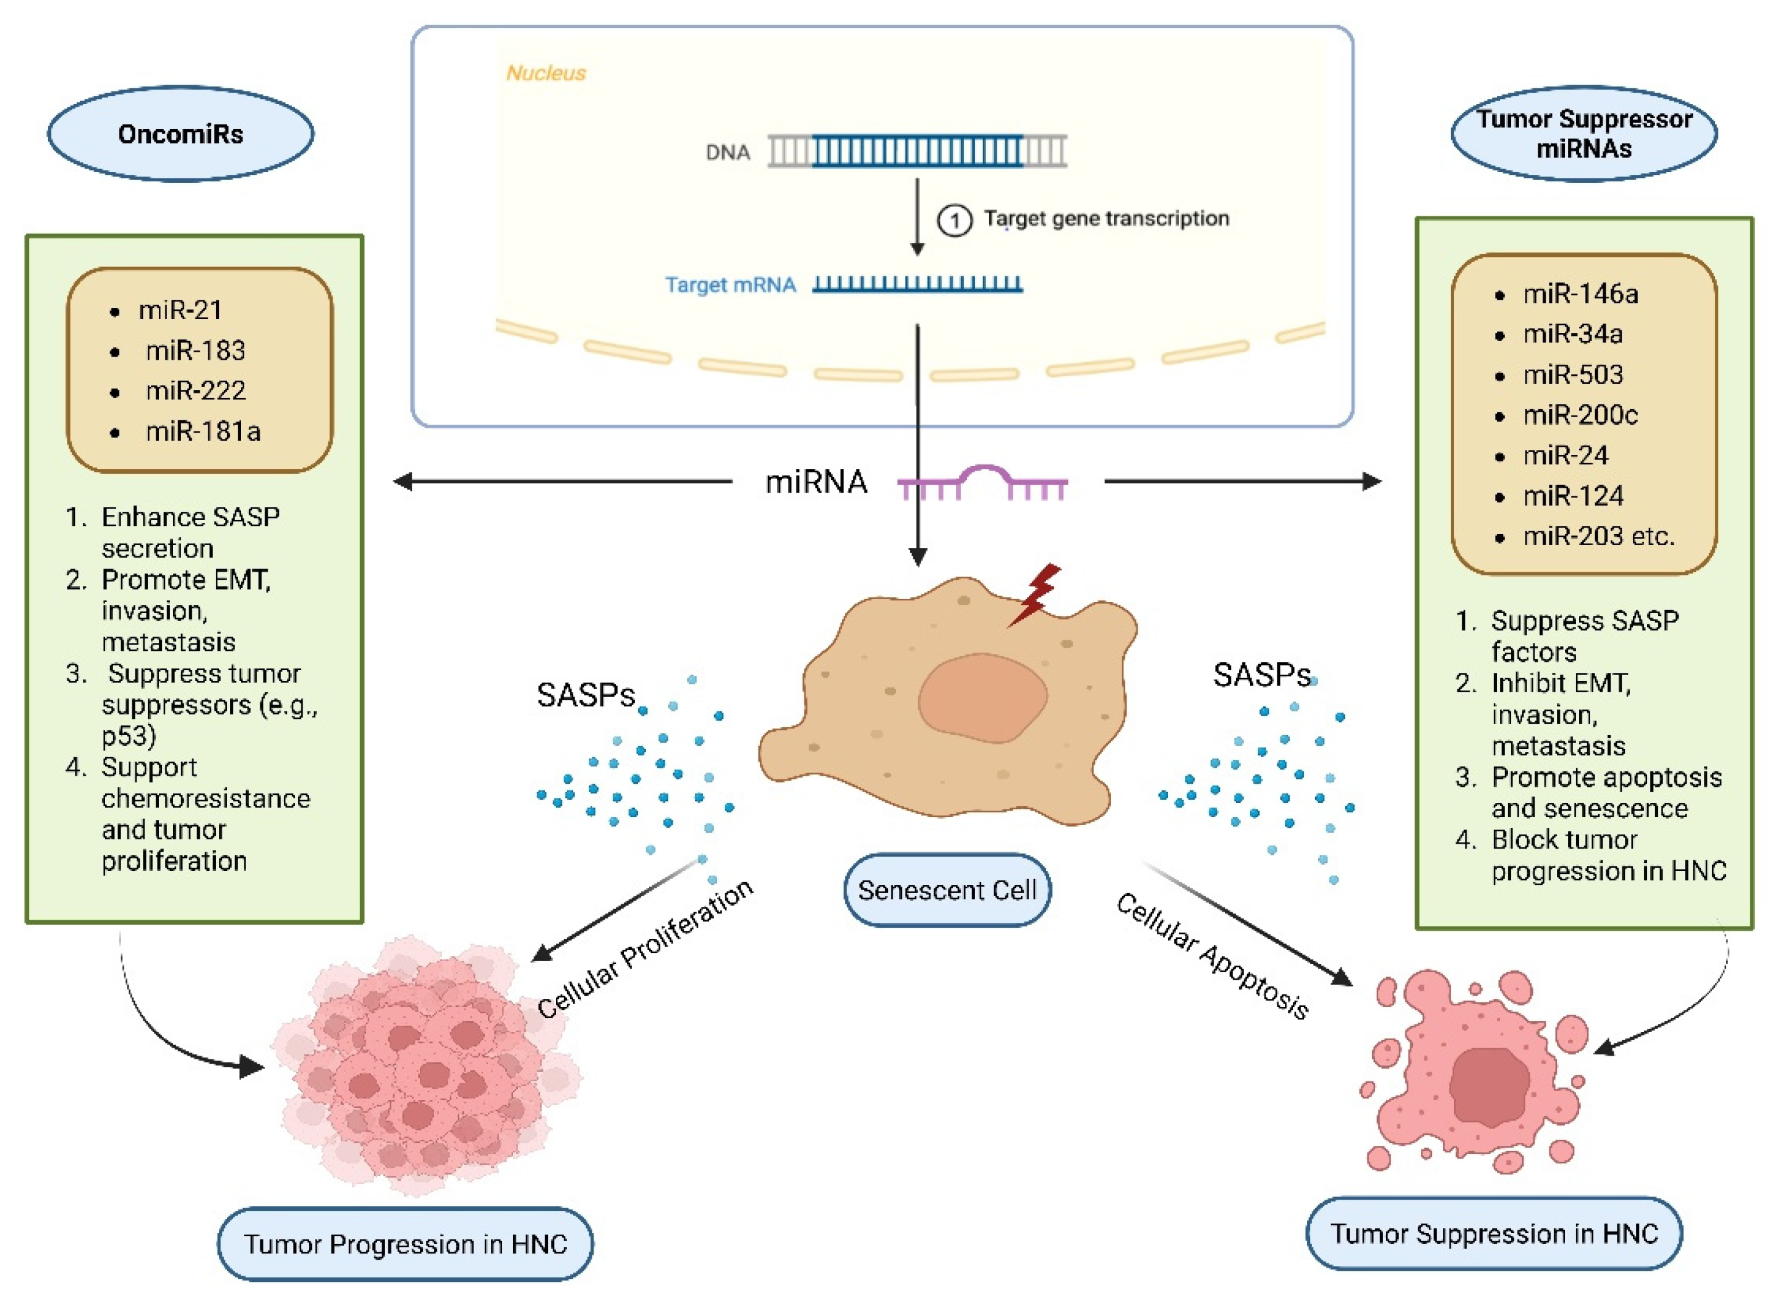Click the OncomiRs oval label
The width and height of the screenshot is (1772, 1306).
tap(181, 134)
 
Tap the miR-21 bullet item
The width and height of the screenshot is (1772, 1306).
tap(181, 309)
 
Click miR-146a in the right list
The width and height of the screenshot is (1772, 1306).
tap(1580, 294)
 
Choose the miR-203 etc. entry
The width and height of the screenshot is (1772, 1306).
tap(1598, 536)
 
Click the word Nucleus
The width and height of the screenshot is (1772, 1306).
tap(545, 73)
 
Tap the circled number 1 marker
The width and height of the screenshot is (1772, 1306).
tap(955, 220)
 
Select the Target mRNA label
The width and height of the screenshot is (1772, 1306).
tap(730, 284)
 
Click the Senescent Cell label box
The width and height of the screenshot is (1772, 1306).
tap(947, 890)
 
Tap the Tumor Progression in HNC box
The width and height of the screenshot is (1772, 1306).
tap(405, 1244)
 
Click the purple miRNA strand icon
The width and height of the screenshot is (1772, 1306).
tap(982, 482)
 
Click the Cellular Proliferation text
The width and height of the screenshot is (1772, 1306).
tap(644, 949)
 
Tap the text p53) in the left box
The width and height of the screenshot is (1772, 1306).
tap(129, 736)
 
